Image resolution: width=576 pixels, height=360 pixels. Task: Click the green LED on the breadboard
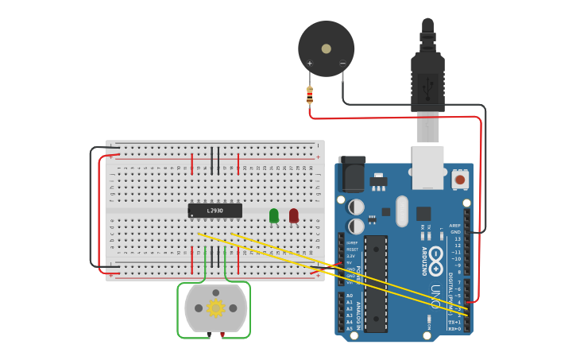coord(274,215)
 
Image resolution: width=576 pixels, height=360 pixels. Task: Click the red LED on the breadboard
coord(294,215)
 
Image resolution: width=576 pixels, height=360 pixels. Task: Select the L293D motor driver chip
coord(215,211)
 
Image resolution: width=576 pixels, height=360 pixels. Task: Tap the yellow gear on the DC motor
coord(215,308)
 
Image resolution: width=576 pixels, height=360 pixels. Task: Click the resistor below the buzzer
coord(309,96)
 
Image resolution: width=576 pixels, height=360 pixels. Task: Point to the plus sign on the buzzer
coord(310,64)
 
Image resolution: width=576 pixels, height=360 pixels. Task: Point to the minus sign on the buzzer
coord(342,64)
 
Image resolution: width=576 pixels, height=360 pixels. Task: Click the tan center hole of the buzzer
coord(326,48)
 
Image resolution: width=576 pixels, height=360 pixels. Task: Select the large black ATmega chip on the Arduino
coord(376,282)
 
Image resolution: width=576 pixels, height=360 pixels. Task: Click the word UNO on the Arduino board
coord(435,296)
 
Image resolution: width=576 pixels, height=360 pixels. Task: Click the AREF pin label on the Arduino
coord(454,226)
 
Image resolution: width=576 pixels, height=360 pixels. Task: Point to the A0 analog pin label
coord(349,296)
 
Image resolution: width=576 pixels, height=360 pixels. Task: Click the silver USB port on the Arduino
coord(427,167)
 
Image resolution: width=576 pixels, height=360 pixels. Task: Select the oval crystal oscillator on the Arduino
coord(402,211)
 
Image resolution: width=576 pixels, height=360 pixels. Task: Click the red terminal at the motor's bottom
coord(222,334)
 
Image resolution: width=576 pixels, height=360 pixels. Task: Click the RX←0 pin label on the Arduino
coord(453,328)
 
